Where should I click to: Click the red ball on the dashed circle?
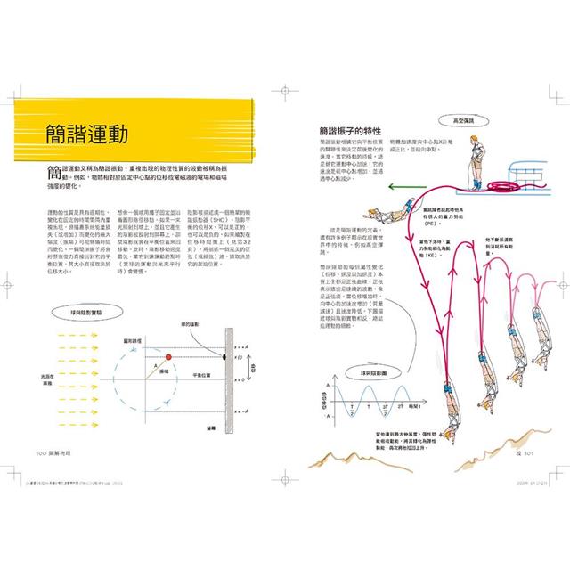coord(167,332)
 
